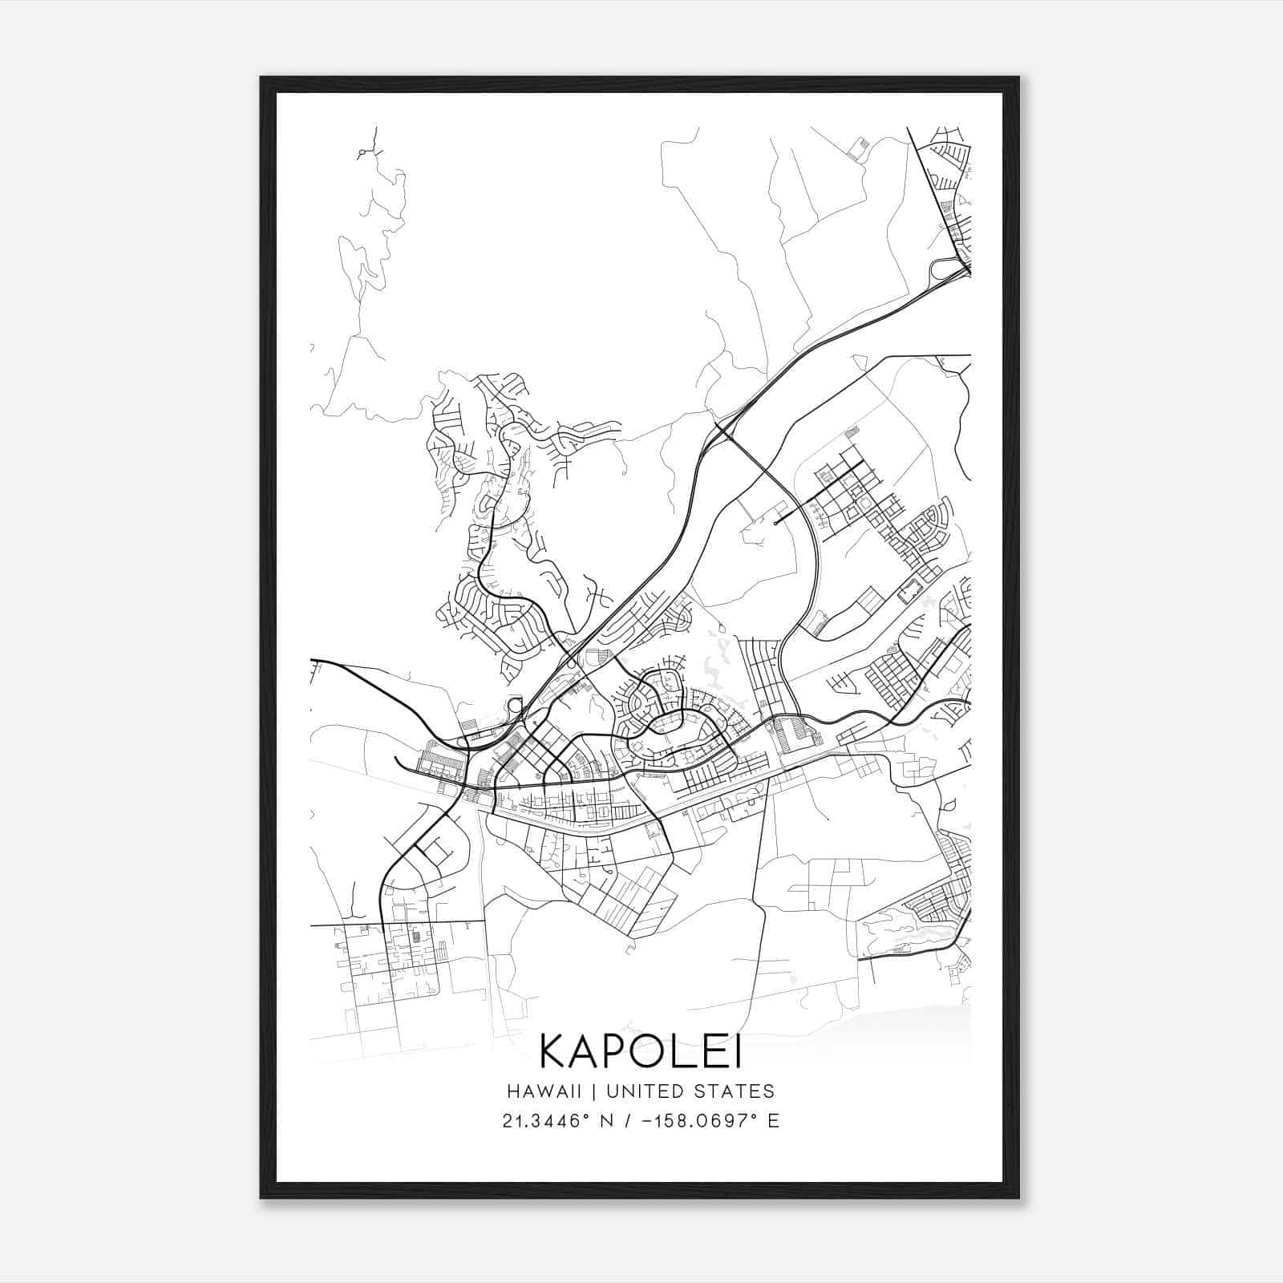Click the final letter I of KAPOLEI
(736, 1051)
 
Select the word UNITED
(639, 1091)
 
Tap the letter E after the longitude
(773, 1121)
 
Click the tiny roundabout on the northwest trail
(362, 152)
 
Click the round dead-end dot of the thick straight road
(776, 523)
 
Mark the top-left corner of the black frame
(261, 78)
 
